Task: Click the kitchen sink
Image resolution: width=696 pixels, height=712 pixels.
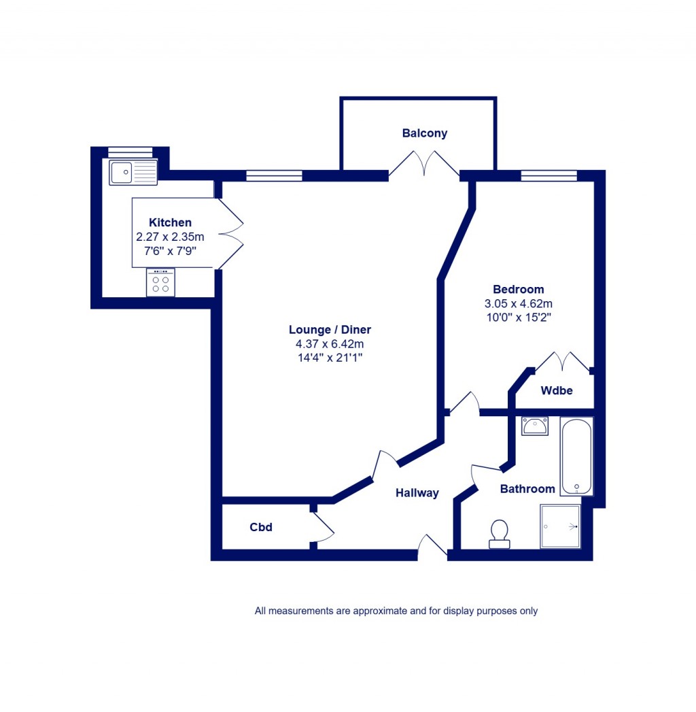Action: coord(133,172)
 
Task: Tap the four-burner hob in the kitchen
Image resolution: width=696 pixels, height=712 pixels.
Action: coord(160,283)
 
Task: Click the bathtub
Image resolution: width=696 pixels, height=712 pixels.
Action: coord(576,456)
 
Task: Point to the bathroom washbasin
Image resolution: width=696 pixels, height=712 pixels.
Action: coord(535,426)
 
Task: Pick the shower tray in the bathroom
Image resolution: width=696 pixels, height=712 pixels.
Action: coord(560,526)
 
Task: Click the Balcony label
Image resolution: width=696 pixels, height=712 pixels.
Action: coord(425,133)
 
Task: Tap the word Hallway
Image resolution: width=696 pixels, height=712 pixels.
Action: coord(417,493)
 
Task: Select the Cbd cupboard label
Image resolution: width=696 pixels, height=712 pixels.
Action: coord(261,527)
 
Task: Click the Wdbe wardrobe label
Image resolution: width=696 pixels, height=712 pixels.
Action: coord(557,390)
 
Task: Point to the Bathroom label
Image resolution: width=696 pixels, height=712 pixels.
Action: coord(527,489)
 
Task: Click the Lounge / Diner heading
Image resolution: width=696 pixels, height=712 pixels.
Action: coord(330,330)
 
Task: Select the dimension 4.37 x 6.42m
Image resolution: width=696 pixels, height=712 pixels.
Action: coord(330,343)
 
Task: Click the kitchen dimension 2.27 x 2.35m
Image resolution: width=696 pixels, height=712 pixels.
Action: coord(170,237)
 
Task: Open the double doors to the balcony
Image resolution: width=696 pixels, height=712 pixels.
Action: coord(424,165)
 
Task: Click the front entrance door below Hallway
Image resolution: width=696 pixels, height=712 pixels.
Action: coord(432,547)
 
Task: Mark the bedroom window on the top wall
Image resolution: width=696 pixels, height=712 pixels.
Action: coord(549,176)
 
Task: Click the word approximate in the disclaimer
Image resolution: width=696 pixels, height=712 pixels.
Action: coord(372,611)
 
